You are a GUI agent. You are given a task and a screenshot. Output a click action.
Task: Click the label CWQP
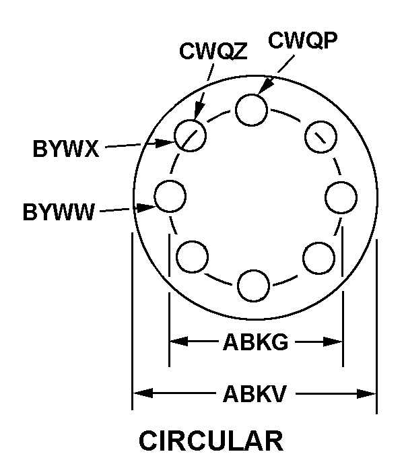303,40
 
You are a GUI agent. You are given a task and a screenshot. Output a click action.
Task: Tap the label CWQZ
213,51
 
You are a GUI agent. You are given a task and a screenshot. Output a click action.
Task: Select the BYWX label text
66,149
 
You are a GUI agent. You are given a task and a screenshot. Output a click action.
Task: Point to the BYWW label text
59,212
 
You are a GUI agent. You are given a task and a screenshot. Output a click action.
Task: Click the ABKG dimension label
256,342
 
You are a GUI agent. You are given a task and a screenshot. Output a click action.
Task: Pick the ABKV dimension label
255,394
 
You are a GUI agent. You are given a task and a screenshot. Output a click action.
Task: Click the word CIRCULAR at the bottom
211,441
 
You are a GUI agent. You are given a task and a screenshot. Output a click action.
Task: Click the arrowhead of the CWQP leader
264,86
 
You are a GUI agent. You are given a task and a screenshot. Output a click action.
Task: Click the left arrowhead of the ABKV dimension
143,393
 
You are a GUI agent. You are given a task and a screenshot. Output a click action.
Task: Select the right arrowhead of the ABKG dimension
333,342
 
